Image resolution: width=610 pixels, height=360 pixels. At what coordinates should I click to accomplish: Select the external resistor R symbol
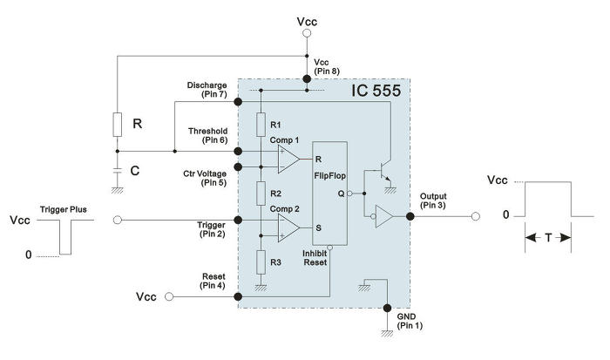point(117,125)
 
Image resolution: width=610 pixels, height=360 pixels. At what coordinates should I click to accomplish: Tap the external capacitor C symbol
point(117,169)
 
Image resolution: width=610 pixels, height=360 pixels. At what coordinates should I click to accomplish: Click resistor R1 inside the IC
point(260,125)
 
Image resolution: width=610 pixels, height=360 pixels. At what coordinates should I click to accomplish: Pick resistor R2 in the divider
point(260,192)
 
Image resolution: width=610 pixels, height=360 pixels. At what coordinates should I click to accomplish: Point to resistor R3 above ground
point(260,260)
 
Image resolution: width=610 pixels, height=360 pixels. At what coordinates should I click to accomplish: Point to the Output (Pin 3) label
point(433,200)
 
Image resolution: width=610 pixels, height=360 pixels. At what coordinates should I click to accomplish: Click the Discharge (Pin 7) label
point(208,88)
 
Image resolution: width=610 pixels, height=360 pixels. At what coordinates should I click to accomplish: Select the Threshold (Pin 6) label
point(208,135)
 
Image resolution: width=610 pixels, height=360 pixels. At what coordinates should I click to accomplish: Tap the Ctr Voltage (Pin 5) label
point(207,178)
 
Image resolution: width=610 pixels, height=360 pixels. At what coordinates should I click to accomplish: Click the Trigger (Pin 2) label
point(212,229)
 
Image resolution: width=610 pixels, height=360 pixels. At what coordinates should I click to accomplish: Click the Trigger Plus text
point(64,210)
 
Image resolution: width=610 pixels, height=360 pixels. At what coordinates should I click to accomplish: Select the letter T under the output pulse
point(547,236)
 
